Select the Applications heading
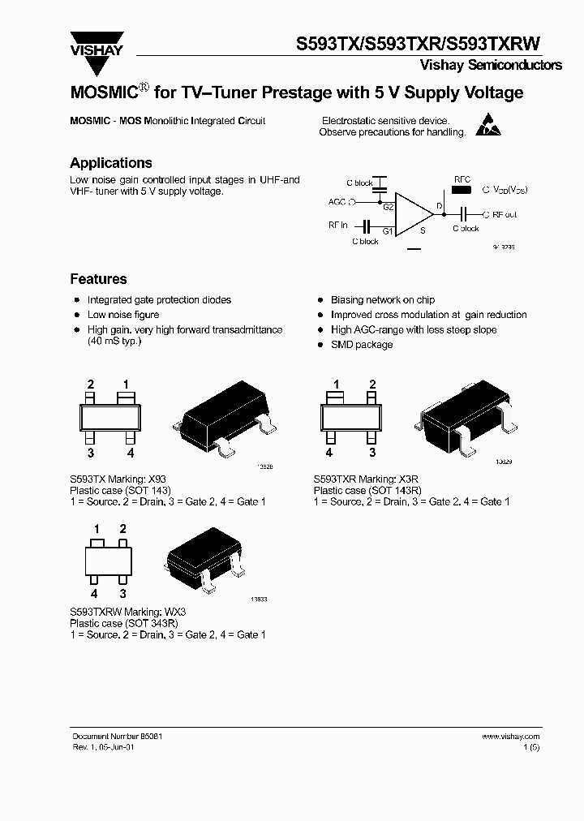110,163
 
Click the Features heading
98,279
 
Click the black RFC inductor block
462,191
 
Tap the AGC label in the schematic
337,201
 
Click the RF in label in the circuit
337,225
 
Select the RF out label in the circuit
505,215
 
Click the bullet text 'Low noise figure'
123,315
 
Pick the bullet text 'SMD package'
362,345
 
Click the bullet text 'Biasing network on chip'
383,300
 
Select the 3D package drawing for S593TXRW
204,561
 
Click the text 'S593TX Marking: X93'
118,479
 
